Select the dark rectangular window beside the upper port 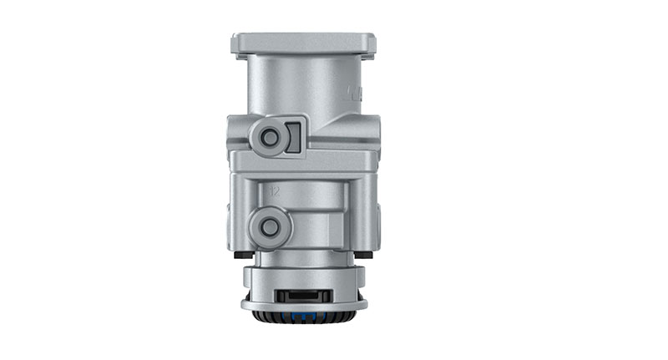coord(291,136)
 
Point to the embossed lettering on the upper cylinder coord(355,89)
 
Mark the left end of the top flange coord(236,43)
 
